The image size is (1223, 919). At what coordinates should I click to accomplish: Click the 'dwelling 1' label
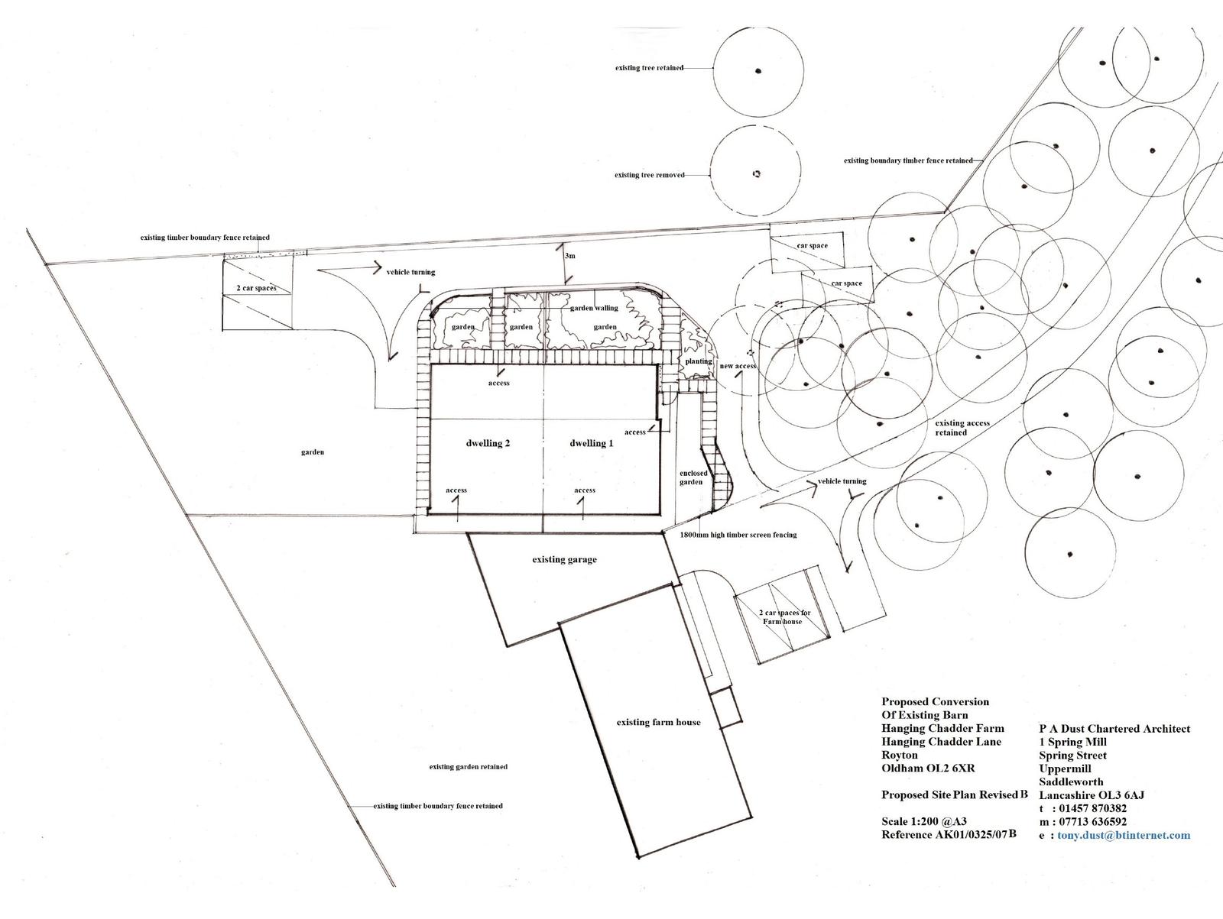point(591,443)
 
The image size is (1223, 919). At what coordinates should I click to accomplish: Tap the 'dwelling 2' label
point(488,443)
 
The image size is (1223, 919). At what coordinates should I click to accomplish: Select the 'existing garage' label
point(564,559)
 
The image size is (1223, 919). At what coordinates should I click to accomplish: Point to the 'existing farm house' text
point(658,722)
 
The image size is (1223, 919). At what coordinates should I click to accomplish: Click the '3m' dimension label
point(569,255)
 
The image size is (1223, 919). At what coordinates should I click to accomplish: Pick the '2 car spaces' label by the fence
point(256,288)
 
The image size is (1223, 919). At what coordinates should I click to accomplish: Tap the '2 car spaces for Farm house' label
point(784,616)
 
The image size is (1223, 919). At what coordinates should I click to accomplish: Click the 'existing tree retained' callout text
point(649,68)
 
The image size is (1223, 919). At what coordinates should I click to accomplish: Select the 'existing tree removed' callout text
point(649,175)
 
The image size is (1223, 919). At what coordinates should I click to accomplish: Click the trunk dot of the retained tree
point(758,71)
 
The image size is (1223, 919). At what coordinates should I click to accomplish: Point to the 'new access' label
point(738,366)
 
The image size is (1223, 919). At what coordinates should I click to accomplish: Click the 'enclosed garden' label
point(693,477)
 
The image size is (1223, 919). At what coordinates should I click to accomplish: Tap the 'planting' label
point(699,361)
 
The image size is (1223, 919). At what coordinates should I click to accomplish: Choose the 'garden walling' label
point(593,308)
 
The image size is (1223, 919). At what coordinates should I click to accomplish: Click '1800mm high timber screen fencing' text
point(738,535)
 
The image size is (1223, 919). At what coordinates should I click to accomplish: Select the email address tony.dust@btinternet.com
point(1124,835)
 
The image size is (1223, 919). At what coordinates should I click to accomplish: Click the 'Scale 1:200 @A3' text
point(924,821)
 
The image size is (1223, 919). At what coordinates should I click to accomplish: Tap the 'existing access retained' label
point(962,428)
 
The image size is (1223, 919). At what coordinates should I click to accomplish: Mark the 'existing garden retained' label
point(468,766)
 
